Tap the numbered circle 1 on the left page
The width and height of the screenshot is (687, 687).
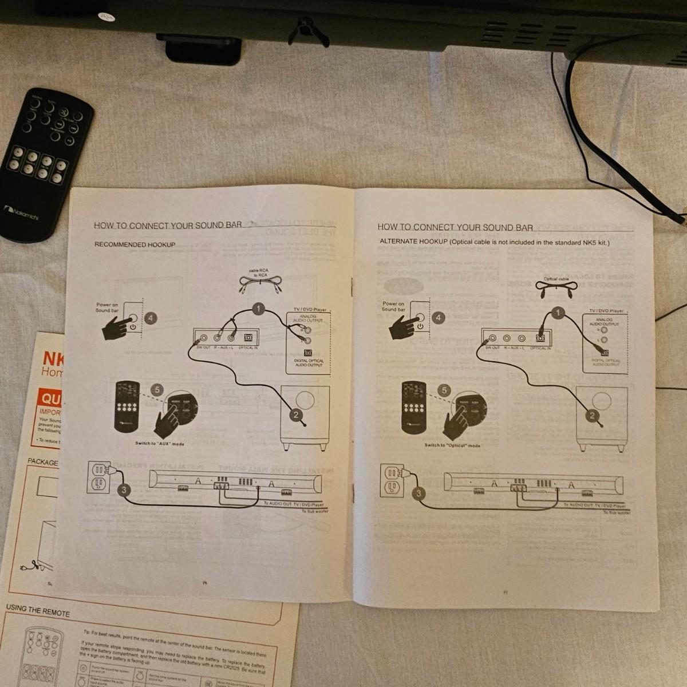tap(258, 309)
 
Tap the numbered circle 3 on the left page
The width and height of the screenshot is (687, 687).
tap(124, 490)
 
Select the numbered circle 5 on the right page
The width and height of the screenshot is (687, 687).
tap(444, 390)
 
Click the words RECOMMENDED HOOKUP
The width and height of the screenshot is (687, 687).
tap(135, 244)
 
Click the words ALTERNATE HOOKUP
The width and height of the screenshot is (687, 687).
tap(413, 242)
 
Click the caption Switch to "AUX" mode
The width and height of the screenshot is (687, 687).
tap(160, 444)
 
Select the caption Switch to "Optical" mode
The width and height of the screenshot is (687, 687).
tap(452, 445)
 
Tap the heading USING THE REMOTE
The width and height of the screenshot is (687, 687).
tap(38, 610)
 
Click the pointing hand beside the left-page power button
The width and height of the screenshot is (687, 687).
tap(117, 327)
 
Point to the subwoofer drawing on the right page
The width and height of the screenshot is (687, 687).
tap(598, 418)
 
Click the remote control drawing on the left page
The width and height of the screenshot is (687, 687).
tap(128, 406)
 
